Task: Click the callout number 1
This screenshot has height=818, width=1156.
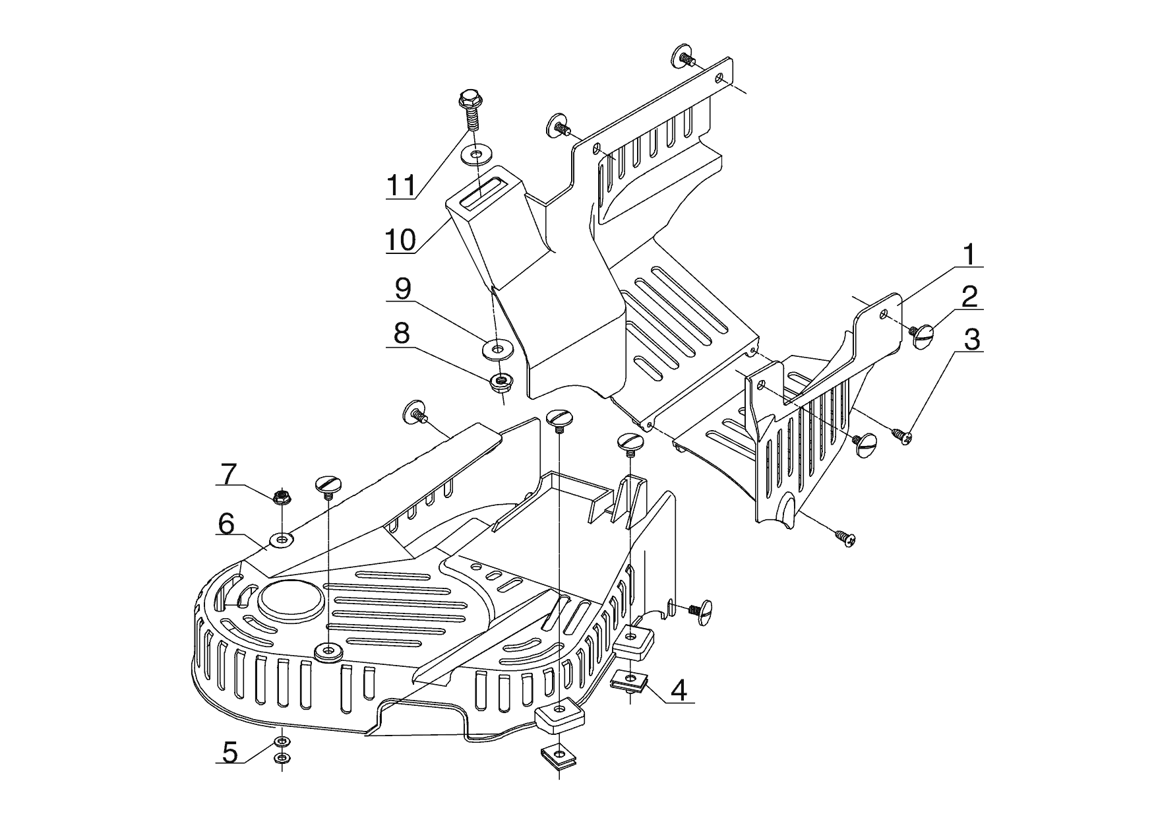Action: click(x=969, y=255)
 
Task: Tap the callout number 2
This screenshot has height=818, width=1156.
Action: click(x=969, y=298)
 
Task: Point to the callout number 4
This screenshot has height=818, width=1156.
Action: click(x=679, y=690)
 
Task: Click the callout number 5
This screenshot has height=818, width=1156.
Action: click(x=229, y=751)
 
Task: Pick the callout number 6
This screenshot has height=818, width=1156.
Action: click(x=226, y=524)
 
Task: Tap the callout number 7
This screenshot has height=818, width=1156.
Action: click(x=228, y=473)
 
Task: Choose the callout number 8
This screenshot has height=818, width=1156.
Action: click(x=401, y=334)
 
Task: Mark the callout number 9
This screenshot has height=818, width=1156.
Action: click(x=402, y=288)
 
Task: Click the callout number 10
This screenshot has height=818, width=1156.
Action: click(x=401, y=240)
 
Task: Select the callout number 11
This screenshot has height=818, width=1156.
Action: click(x=401, y=186)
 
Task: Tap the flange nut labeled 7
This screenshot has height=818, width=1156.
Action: click(x=282, y=496)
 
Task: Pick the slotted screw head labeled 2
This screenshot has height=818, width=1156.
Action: click(x=924, y=337)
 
